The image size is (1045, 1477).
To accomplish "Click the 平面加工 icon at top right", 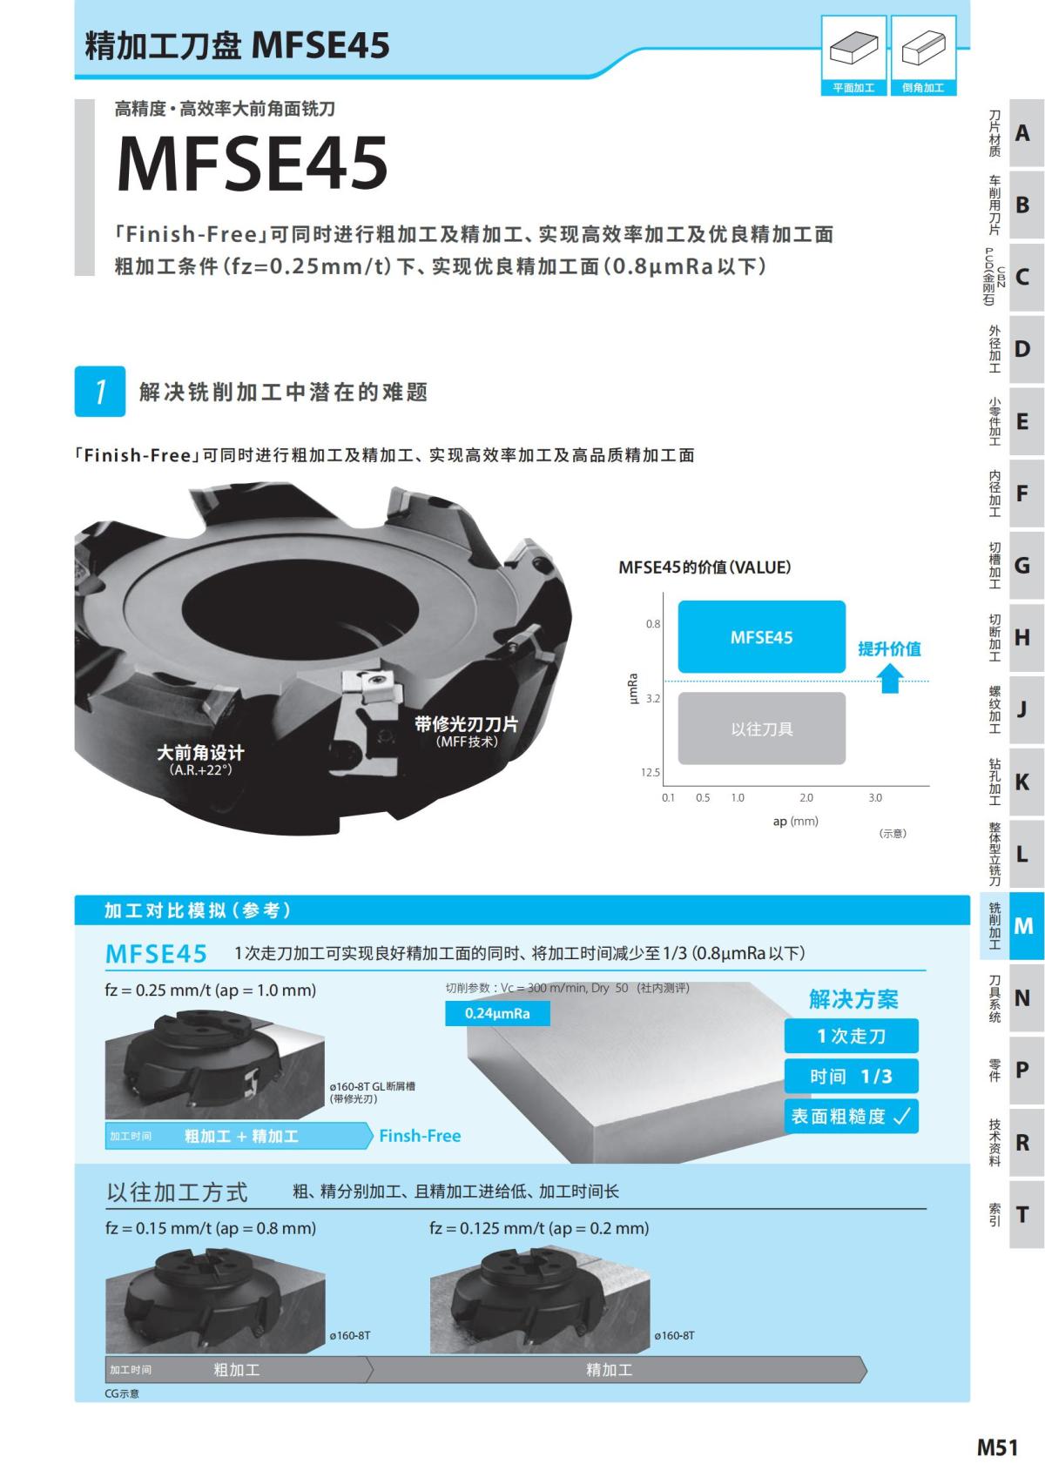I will pos(853,55).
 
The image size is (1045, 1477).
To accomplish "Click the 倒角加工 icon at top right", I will pos(923,55).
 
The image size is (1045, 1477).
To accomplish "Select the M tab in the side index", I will pos(1024,925).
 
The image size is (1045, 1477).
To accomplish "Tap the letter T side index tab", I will pos(1024,1213).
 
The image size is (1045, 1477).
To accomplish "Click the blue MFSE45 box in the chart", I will pos(761,636).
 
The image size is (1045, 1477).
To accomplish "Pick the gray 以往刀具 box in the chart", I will pos(761,728).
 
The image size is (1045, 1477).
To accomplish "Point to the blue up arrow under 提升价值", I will pos(889,678).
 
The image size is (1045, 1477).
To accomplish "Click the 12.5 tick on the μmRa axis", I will pos(651,772).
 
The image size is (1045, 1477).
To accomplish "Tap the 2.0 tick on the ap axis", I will pos(806,797).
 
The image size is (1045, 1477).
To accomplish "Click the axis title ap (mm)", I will pos(795,821).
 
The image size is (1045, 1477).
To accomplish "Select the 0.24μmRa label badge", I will pos(497,1013).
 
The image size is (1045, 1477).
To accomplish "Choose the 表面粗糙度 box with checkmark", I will pos(851,1116).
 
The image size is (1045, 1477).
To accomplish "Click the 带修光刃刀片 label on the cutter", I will pos(466,725).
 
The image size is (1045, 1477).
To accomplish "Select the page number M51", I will pos(996,1447).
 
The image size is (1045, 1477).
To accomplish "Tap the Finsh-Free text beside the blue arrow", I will pos(420,1136).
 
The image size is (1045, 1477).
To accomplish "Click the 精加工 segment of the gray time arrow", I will pos(609,1369).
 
